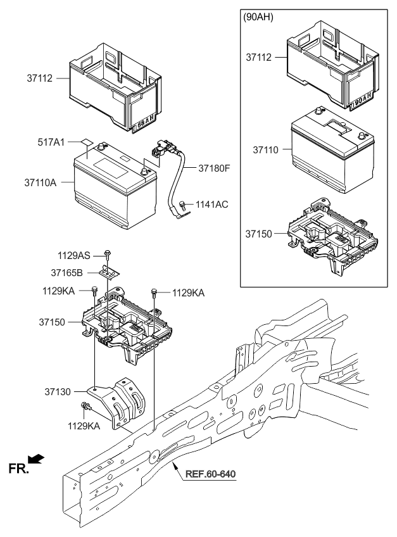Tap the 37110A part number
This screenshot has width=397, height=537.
pyautogui.click(x=40, y=182)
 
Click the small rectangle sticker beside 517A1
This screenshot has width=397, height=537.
pyautogui.click(x=85, y=144)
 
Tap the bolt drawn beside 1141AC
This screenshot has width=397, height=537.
pyautogui.click(x=182, y=205)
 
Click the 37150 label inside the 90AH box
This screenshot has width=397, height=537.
pyautogui.click(x=260, y=234)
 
